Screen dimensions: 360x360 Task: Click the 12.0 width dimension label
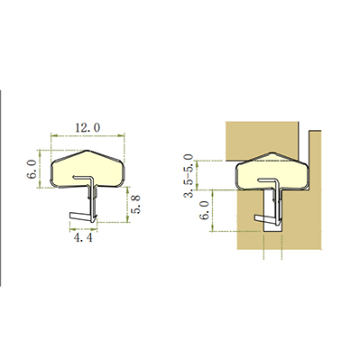[88, 128]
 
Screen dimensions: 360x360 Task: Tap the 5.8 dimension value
[136, 205]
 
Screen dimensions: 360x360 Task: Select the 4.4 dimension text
[83, 238]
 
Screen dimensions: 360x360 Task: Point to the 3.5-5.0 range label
[189, 175]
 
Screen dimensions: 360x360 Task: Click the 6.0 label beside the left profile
[32, 170]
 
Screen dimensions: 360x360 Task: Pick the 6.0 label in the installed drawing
[205, 210]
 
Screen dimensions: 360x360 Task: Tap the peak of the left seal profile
[88, 150]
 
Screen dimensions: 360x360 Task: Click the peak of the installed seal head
[272, 152]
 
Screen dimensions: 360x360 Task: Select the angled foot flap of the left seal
[80, 216]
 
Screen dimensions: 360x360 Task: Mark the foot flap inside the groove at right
[265, 218]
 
